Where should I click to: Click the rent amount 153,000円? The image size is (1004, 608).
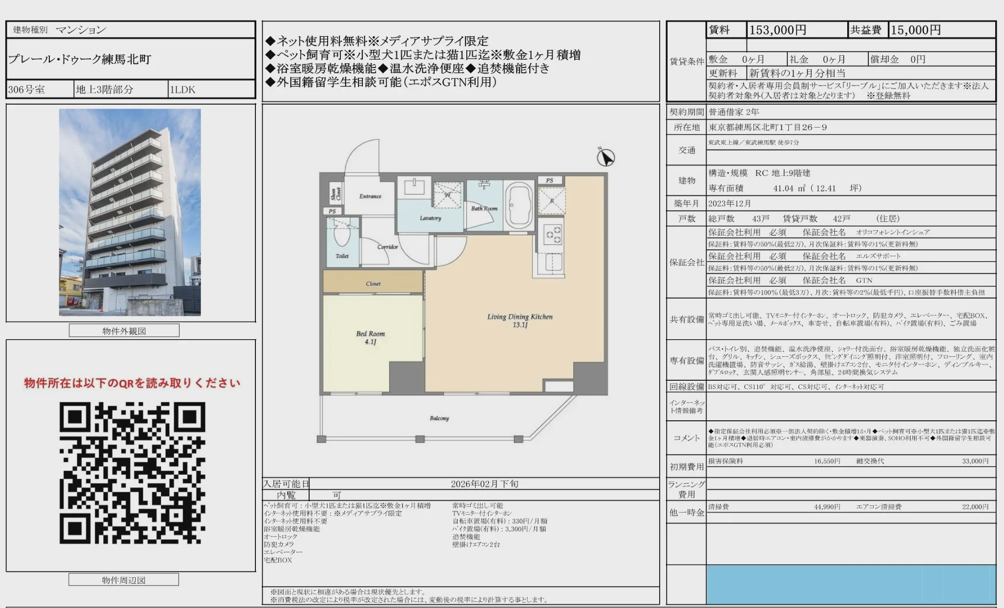(777, 30)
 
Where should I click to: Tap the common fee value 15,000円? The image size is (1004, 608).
(916, 30)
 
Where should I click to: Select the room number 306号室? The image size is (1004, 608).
(27, 89)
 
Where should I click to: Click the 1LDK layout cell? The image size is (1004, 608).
(183, 89)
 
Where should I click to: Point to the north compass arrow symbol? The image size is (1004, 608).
(606, 157)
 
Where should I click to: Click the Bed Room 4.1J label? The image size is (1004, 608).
(370, 338)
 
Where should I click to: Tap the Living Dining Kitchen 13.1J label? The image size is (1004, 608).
(520, 321)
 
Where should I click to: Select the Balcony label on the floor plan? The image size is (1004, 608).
(439, 418)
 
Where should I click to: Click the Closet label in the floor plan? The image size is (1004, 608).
(373, 283)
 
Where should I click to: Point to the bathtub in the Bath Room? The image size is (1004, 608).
(519, 206)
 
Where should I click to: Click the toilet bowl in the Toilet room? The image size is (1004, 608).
(342, 235)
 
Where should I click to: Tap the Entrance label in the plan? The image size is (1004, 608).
(370, 196)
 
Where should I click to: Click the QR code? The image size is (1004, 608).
(132, 473)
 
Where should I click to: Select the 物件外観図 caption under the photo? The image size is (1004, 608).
(124, 331)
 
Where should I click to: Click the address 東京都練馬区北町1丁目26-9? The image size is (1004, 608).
(768, 128)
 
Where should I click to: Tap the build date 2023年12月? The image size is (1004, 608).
(730, 203)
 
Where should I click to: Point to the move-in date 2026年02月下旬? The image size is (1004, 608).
(484, 484)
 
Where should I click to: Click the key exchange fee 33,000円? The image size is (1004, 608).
(975, 461)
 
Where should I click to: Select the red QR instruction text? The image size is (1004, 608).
(132, 383)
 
